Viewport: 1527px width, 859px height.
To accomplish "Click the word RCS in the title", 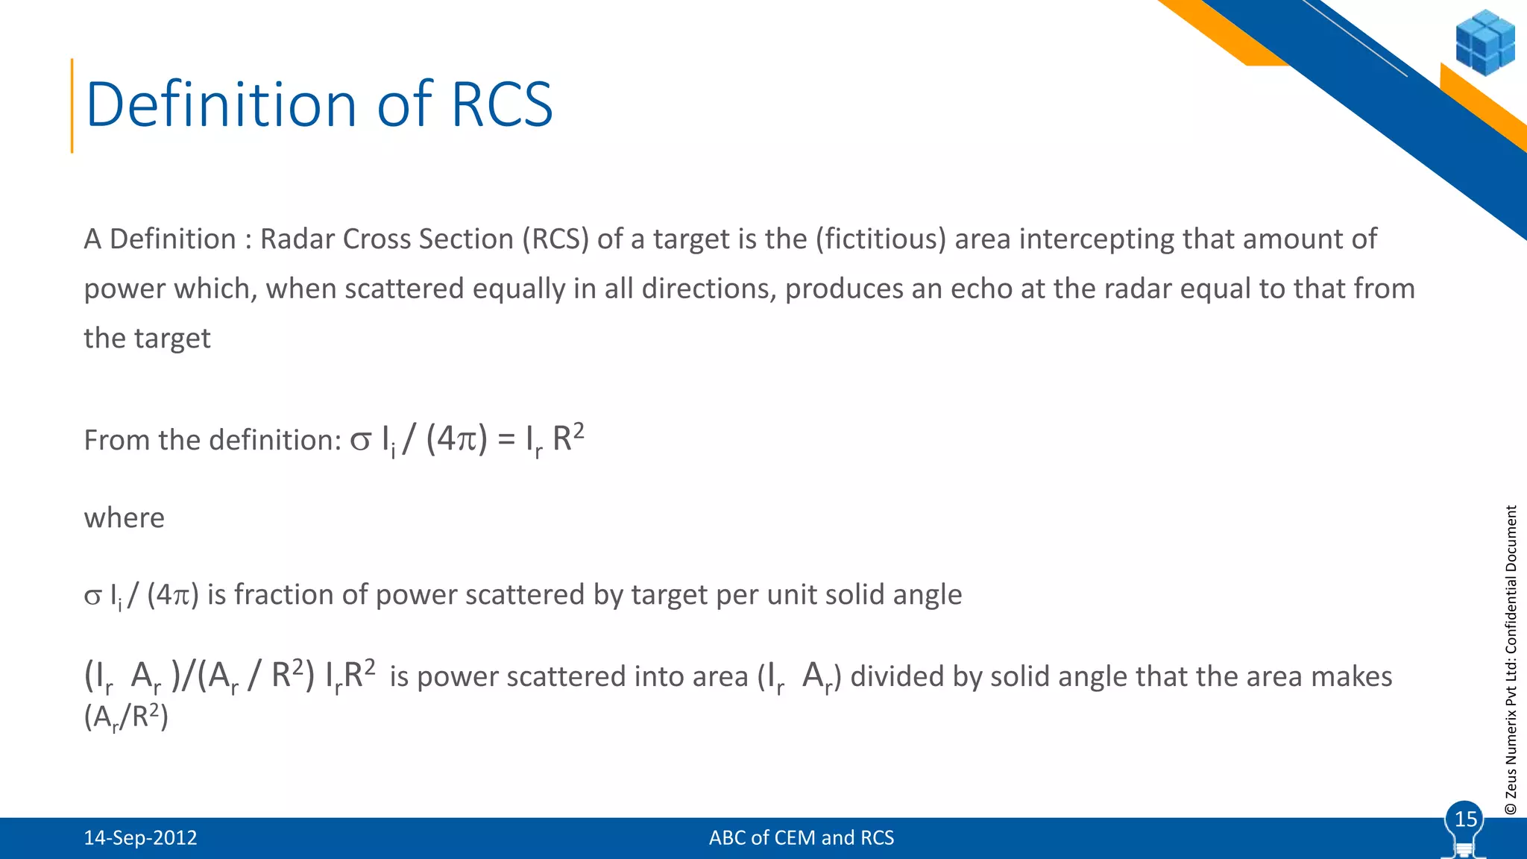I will click(x=502, y=104).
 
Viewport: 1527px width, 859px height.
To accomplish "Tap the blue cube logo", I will click(x=1485, y=43).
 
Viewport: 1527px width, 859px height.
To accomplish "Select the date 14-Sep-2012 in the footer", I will click(x=140, y=837).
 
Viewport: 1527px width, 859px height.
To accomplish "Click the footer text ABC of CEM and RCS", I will click(x=801, y=837).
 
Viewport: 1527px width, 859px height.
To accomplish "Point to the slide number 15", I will click(x=1465, y=819).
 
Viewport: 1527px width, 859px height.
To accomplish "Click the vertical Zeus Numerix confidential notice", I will click(x=1511, y=660).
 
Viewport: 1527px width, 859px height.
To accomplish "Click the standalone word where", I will click(x=124, y=517).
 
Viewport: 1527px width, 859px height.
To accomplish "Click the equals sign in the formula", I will click(x=506, y=440).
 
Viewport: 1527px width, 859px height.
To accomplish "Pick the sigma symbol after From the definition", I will click(x=360, y=440).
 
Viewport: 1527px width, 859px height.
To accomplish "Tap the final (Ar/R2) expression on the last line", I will click(x=126, y=717).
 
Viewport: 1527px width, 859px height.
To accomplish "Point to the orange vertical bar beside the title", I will click(x=72, y=105).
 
